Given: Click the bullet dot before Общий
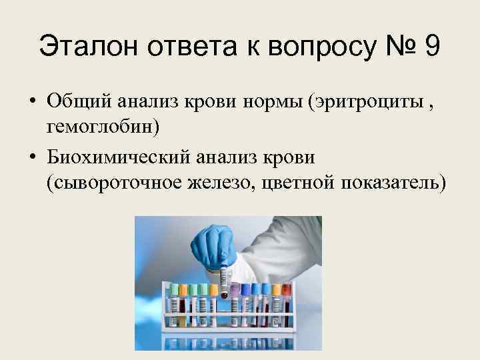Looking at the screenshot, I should [31, 102].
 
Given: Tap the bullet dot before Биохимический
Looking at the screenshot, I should [31, 157].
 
